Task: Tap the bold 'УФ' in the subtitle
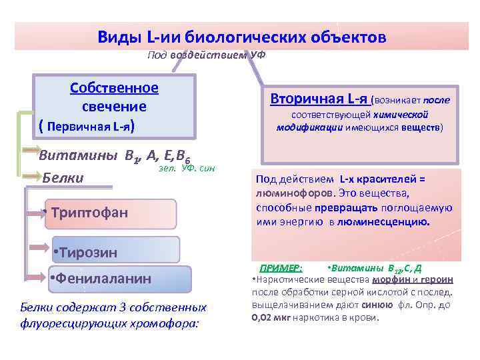coord(257,54)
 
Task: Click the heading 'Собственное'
coord(114,88)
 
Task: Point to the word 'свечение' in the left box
coord(114,106)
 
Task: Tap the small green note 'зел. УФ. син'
coord(187,169)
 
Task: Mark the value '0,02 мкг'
coord(271,317)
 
